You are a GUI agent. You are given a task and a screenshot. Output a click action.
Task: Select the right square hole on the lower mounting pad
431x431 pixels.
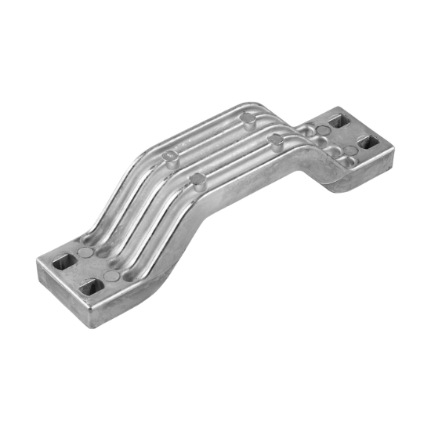pos(92,285)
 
